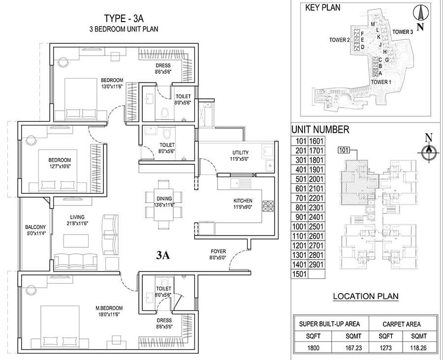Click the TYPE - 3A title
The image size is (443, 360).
(124, 18)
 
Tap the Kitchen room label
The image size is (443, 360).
(243, 201)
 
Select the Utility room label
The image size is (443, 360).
(240, 153)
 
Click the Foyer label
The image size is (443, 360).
(219, 251)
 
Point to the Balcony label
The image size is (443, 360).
(35, 227)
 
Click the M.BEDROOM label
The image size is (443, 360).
(109, 308)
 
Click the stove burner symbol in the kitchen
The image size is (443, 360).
(268, 206)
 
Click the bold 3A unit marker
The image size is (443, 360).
(163, 255)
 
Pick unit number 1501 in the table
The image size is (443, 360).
(299, 274)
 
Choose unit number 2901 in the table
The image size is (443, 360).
(316, 265)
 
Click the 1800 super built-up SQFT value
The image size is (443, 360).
(313, 348)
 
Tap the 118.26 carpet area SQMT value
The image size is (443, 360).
(418, 348)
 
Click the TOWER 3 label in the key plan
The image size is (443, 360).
(403, 32)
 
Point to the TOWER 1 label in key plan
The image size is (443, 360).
(381, 82)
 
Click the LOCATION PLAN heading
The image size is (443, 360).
(366, 297)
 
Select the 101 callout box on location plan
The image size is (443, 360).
(344, 150)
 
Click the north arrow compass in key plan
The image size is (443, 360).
(419, 14)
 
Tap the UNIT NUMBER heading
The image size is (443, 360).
(320, 130)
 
